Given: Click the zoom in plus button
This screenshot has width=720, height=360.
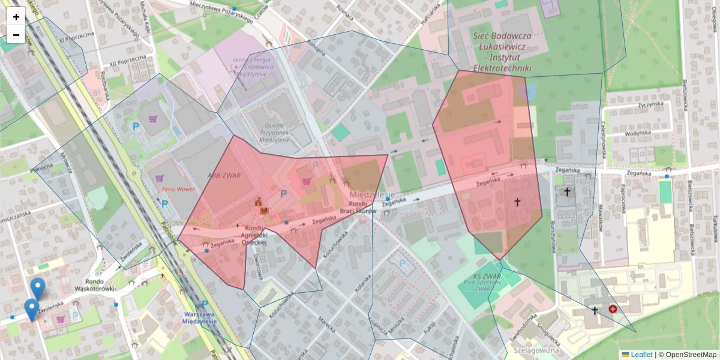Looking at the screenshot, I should click(16, 17).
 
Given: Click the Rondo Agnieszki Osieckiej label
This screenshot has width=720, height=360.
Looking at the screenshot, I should click(254, 238).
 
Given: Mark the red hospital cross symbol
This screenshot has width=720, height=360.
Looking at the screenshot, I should click(613, 309).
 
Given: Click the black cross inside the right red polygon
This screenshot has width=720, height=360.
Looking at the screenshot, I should click(517, 203).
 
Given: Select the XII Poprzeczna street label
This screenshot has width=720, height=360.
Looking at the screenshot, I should click(128, 60).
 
